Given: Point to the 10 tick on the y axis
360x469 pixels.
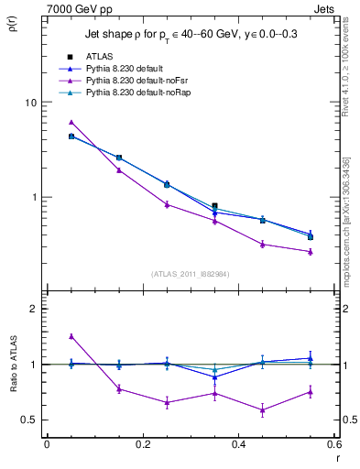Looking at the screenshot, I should point(31,103).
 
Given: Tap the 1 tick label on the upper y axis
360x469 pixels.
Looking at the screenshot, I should point(34,197).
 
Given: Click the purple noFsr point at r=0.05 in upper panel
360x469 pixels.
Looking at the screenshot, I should point(71,122).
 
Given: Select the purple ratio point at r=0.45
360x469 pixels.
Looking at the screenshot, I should point(262,409).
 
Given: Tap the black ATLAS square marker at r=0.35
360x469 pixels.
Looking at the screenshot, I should point(214,206).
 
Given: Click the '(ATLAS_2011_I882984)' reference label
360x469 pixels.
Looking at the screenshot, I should point(190,273).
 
